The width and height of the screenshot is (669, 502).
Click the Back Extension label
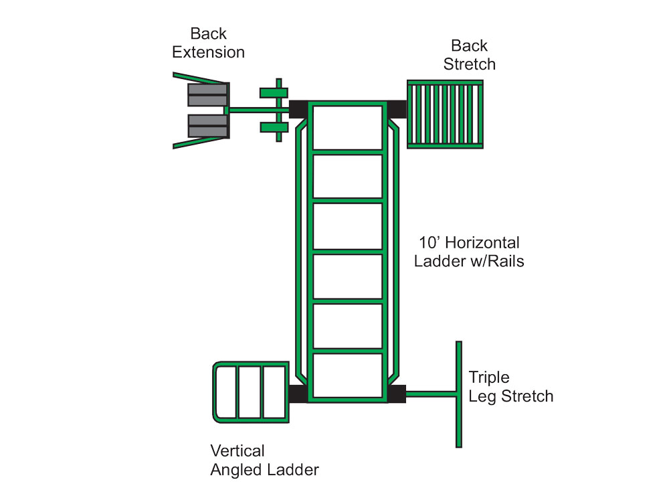coord(208,43)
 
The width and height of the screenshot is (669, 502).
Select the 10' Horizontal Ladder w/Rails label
coord(468,252)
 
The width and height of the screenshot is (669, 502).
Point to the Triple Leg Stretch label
coord(510,386)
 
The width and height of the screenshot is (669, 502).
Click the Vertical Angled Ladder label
coord(264,460)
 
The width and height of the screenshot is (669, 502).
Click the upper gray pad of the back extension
coord(207,95)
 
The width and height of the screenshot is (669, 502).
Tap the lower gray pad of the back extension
coord(207,125)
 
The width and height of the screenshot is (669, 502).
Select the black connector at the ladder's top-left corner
coord(297,109)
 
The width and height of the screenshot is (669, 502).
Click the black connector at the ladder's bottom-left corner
coord(297,394)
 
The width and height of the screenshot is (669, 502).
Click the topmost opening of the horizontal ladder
coord(347,127)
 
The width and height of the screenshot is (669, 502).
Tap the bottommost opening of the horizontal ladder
coord(347,375)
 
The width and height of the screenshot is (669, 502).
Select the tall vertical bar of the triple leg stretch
coord(459,394)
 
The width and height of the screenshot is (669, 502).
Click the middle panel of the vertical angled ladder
coord(251,392)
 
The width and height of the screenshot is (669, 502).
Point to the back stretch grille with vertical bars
coord(445,114)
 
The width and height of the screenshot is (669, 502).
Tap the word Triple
coord(489,377)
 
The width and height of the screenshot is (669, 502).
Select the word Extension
coord(208,52)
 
